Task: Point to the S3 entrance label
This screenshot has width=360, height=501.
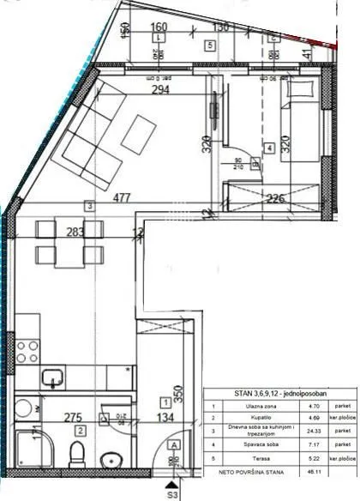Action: pyautogui.click(x=172, y=495)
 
